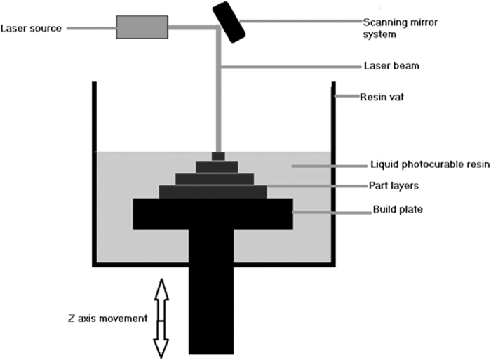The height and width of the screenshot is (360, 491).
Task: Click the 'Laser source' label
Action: click(31, 29)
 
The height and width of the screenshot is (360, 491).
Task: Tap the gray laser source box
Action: click(142, 27)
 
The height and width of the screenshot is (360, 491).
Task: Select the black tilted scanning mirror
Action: click(229, 20)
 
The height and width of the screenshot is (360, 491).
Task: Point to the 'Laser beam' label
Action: click(385, 67)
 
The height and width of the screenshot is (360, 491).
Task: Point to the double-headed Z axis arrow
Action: click(161, 318)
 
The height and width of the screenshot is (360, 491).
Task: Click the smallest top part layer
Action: click(218, 156)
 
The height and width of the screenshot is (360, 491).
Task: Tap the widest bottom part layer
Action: click(213, 192)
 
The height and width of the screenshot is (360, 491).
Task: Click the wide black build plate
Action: click(213, 213)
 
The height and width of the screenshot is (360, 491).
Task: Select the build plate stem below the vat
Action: click(211, 309)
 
